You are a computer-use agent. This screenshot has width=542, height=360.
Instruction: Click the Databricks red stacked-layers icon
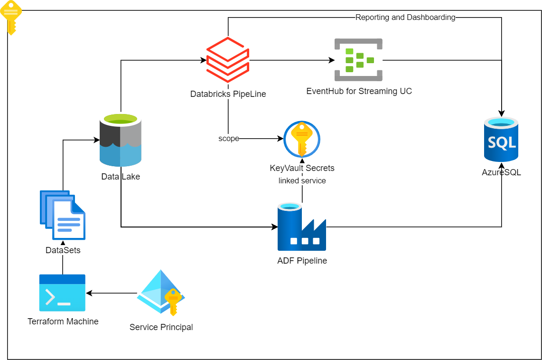click(228, 60)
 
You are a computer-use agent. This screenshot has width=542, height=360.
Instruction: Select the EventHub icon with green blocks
click(358, 60)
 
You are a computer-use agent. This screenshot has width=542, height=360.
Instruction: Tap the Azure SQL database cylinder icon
click(501, 140)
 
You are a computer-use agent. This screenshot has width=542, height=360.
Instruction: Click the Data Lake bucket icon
click(121, 140)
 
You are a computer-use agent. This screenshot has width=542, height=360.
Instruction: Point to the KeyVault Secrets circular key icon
click(302, 139)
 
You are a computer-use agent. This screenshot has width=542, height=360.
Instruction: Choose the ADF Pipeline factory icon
click(302, 227)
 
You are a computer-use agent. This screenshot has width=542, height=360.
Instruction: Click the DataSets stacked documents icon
click(63, 215)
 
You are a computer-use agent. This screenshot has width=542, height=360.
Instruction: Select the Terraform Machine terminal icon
click(62, 293)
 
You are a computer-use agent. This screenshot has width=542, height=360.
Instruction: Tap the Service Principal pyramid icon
click(161, 293)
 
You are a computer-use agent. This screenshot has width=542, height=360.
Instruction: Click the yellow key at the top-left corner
click(11, 17)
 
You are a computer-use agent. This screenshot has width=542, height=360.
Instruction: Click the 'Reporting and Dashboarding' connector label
click(405, 18)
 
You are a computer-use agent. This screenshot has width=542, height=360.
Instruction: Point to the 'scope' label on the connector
click(228, 139)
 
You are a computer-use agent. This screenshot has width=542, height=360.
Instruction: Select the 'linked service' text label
click(302, 180)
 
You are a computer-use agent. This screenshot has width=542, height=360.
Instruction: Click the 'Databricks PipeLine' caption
click(228, 94)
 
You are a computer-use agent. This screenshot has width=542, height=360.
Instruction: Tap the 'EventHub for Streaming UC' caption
click(359, 91)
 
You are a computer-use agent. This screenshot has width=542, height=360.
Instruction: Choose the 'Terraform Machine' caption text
click(63, 322)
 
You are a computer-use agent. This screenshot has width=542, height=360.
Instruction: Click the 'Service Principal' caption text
click(161, 327)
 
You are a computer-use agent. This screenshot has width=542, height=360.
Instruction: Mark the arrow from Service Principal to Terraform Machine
click(112, 294)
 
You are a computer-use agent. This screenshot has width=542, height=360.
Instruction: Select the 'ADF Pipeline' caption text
click(302, 261)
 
